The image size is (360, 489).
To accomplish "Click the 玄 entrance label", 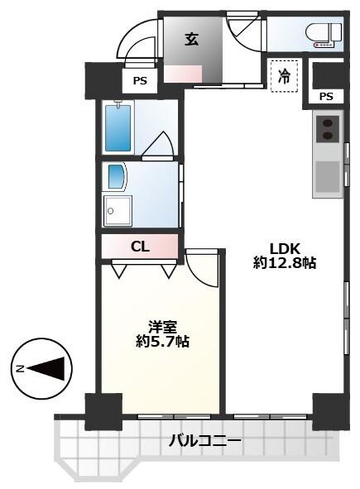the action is (x=191, y=39).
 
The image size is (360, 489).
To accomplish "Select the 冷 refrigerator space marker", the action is (x=284, y=76).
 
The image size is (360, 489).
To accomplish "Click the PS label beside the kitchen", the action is (x=326, y=96).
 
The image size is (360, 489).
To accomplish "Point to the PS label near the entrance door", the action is (x=140, y=81).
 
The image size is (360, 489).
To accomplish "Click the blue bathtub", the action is (x=118, y=128).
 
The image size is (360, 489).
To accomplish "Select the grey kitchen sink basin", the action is (x=328, y=176).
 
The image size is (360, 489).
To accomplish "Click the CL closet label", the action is (x=140, y=247).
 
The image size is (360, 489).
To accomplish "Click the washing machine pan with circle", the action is (x=118, y=211).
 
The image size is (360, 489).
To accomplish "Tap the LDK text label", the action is (x=285, y=249).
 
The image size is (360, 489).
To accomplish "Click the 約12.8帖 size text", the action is (x=285, y=263).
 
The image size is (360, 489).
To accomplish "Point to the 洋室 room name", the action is (x=162, y=328).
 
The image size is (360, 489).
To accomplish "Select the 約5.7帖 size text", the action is (x=162, y=342).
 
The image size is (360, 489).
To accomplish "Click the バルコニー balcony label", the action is (x=205, y=441).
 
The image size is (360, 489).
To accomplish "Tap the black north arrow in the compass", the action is (x=46, y=369).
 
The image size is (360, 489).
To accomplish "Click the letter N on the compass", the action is (x=21, y=369).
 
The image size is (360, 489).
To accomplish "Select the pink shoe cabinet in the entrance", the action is (x=183, y=74).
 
